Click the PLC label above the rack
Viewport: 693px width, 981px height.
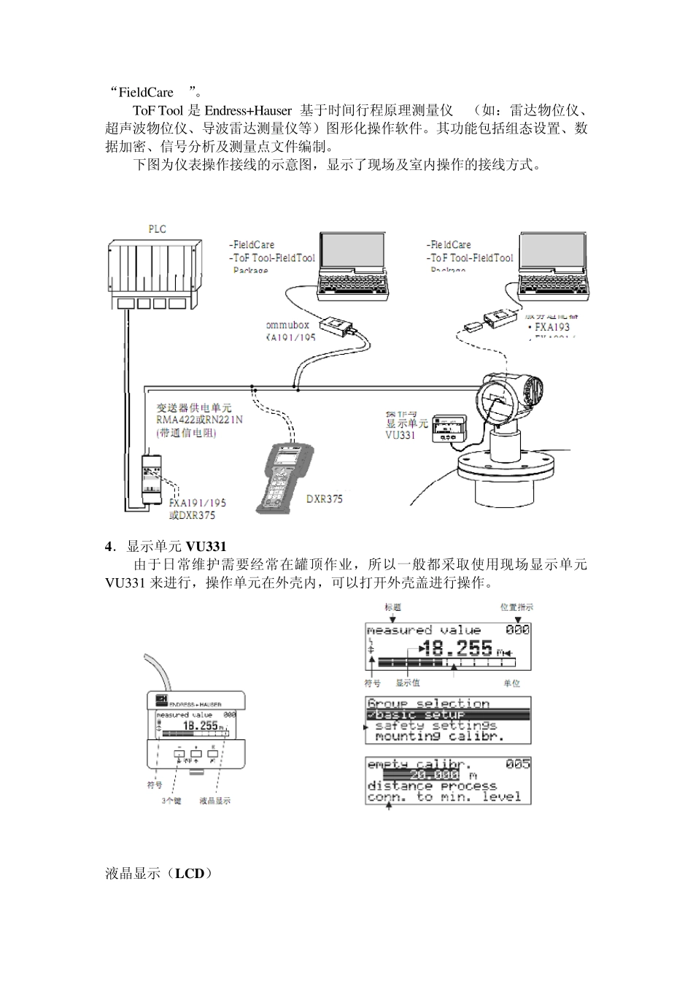(157, 229)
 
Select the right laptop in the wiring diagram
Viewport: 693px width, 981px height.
(551, 265)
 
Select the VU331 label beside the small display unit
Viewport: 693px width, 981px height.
(400, 435)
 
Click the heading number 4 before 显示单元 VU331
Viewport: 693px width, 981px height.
(109, 547)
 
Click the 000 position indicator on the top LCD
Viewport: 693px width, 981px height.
(518, 630)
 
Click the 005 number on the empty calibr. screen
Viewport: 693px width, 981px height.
(518, 764)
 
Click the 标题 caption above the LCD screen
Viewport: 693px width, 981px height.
(392, 607)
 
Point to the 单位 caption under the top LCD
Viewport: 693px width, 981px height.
(511, 683)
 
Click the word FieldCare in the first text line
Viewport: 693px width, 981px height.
(146, 93)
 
